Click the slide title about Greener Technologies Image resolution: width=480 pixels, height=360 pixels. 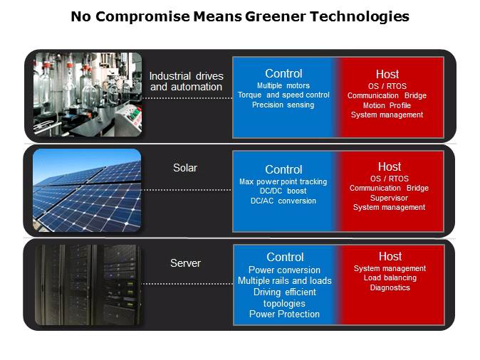pyautogui.click(x=240, y=16)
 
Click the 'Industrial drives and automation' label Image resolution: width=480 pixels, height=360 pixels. pyautogui.click(x=186, y=82)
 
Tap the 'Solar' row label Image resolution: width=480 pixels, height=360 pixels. pyautogui.click(x=185, y=168)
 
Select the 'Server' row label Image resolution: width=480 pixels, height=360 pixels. pyautogui.click(x=185, y=263)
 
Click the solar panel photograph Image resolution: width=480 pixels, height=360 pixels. pyautogui.click(x=87, y=190)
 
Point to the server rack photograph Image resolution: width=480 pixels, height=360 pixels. pyautogui.click(x=87, y=285)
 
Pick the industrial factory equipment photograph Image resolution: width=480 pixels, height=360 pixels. pyautogui.click(x=87, y=95)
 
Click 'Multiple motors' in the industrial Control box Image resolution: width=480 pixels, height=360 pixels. pyautogui.click(x=283, y=85)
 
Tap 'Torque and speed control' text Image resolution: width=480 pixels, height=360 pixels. pyautogui.click(x=283, y=95)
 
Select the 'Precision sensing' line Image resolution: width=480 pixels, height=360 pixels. pyautogui.click(x=283, y=105)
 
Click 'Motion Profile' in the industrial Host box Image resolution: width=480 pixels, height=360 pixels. pyautogui.click(x=387, y=105)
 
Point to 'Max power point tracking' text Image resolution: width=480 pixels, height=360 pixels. pyautogui.click(x=283, y=182)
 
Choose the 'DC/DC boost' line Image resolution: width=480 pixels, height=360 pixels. pyautogui.click(x=283, y=191)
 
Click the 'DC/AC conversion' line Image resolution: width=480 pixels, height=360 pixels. pyautogui.click(x=283, y=201)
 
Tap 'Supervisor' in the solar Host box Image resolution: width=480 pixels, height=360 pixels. pyautogui.click(x=390, y=198)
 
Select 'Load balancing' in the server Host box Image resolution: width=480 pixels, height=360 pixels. pyautogui.click(x=390, y=278)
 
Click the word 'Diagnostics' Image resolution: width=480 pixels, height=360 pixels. pyautogui.click(x=390, y=287)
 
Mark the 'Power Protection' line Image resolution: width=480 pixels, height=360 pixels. pyautogui.click(x=284, y=314)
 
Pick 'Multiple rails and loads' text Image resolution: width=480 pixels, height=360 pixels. pyautogui.click(x=284, y=281)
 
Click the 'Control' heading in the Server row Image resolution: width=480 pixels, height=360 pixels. pyautogui.click(x=285, y=257)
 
